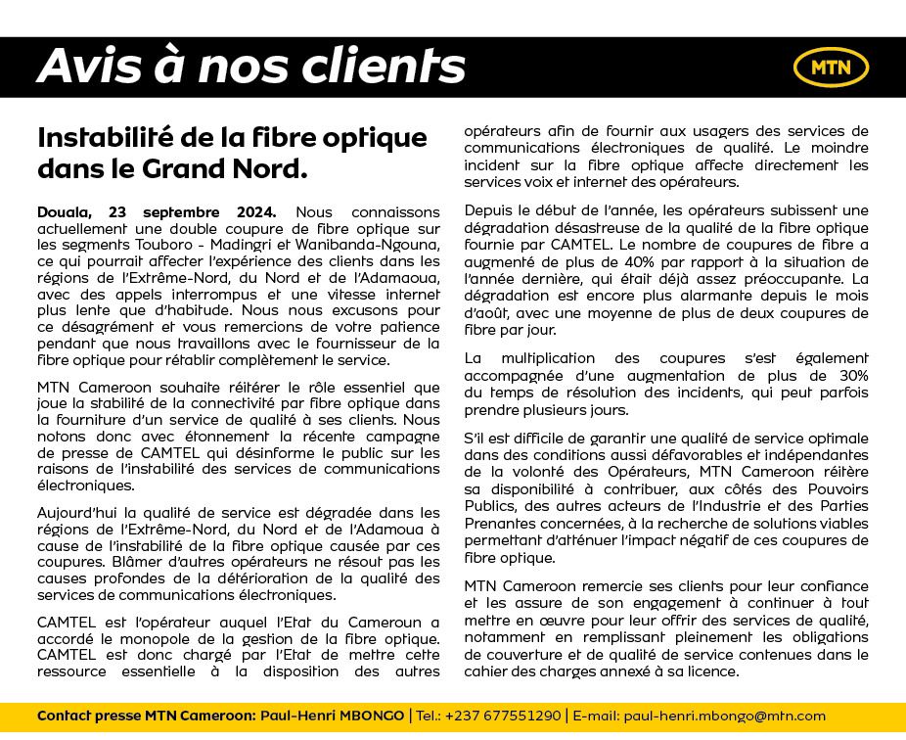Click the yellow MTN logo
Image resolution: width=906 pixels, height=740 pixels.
click(831, 67)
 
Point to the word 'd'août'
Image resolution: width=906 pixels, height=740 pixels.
click(487, 312)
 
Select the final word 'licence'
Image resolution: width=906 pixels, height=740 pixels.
click(713, 671)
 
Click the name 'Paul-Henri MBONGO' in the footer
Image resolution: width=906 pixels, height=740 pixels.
click(332, 716)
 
